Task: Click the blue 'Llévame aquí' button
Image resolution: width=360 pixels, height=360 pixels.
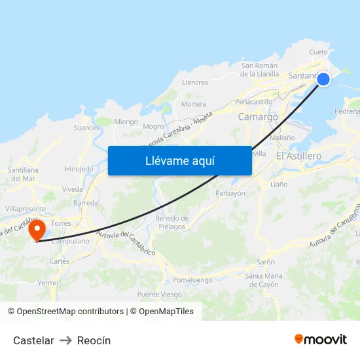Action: (179, 160)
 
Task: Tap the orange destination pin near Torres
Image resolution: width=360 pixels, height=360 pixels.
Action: (37, 230)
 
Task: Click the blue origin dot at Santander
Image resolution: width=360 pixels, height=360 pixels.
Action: (323, 79)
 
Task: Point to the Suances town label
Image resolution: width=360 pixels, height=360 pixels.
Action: (86, 128)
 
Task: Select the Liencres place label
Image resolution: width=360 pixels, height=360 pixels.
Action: (195, 83)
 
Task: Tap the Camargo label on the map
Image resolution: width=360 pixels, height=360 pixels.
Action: (258, 117)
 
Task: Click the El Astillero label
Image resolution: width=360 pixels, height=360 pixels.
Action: (299, 156)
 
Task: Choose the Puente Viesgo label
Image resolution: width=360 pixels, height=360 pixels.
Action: (160, 295)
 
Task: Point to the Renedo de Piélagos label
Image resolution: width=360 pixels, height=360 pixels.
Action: (171, 223)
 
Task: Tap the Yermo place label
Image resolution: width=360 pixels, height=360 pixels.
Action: (48, 283)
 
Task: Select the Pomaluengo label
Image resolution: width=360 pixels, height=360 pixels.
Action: (192, 279)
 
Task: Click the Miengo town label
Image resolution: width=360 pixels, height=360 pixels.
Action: (126, 122)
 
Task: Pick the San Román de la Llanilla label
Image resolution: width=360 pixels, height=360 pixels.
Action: (261, 69)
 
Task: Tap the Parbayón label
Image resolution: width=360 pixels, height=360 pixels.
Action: (230, 193)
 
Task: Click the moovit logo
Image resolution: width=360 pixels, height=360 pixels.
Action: (321, 339)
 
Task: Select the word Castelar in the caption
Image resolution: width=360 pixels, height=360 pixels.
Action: (33, 340)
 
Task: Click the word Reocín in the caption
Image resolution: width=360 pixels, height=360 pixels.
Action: (94, 340)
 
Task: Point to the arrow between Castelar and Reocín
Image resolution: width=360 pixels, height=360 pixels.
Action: (65, 340)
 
